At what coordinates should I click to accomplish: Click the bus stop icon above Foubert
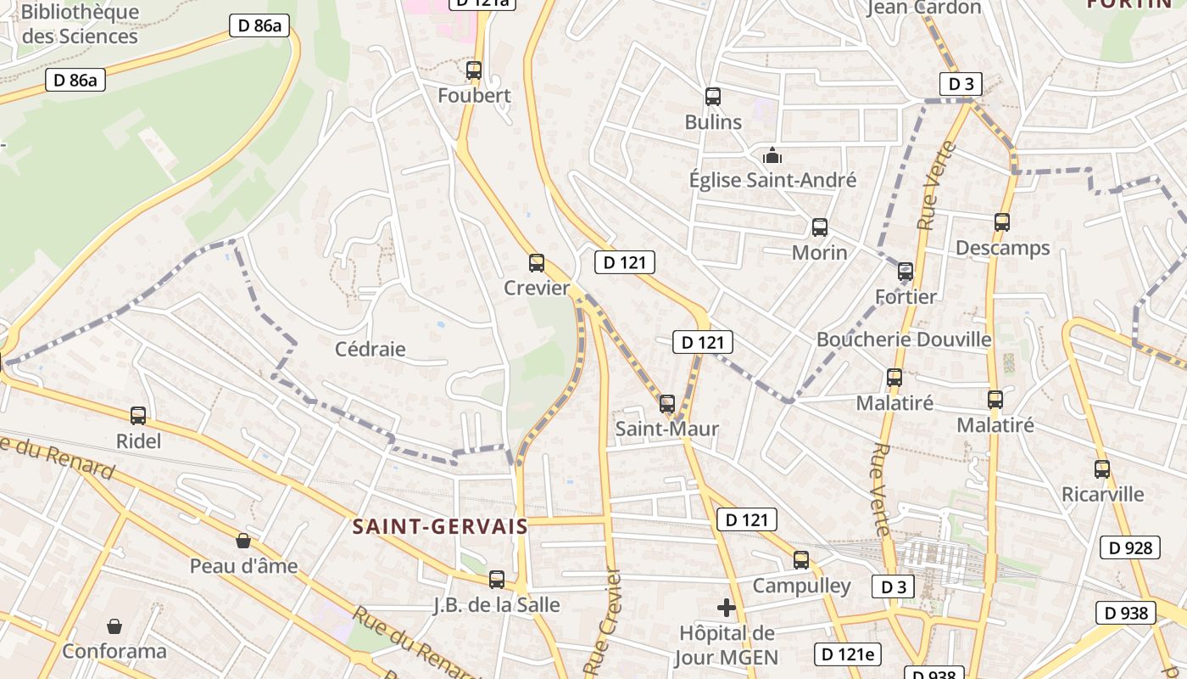click(x=474, y=70)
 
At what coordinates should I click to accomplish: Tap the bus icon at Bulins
click(x=713, y=97)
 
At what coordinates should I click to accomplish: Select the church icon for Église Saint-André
click(x=772, y=155)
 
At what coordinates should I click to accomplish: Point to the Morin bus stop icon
click(x=820, y=227)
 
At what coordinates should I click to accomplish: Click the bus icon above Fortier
click(x=906, y=272)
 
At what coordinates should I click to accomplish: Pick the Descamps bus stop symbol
click(x=1002, y=222)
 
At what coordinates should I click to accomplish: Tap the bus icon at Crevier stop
click(x=537, y=263)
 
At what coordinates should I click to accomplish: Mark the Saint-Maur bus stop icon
click(x=667, y=404)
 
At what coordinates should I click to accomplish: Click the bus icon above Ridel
click(x=138, y=416)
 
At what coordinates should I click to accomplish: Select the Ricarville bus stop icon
click(x=1102, y=469)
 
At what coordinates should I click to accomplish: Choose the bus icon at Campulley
click(x=801, y=560)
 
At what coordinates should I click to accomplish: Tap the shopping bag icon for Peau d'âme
click(x=243, y=541)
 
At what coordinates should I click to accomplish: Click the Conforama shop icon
click(x=114, y=626)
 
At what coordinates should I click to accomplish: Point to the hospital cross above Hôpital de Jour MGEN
click(x=727, y=608)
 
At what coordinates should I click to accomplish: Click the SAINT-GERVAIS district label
click(x=440, y=526)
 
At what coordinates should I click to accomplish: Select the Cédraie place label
click(x=371, y=349)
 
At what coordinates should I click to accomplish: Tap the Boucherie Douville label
click(x=904, y=339)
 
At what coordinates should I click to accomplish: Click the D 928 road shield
click(x=1131, y=547)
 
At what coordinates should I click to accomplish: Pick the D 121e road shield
click(x=848, y=654)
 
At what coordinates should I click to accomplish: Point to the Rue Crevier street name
click(x=604, y=624)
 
